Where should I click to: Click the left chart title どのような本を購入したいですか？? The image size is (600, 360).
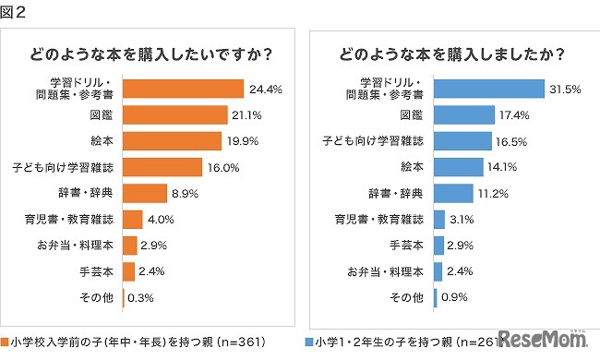(150, 53)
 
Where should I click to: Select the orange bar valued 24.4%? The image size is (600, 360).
(182, 89)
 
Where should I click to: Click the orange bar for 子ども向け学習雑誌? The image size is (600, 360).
(162, 167)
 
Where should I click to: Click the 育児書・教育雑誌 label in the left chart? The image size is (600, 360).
(76, 220)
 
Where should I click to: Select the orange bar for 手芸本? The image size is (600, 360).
(128, 271)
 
